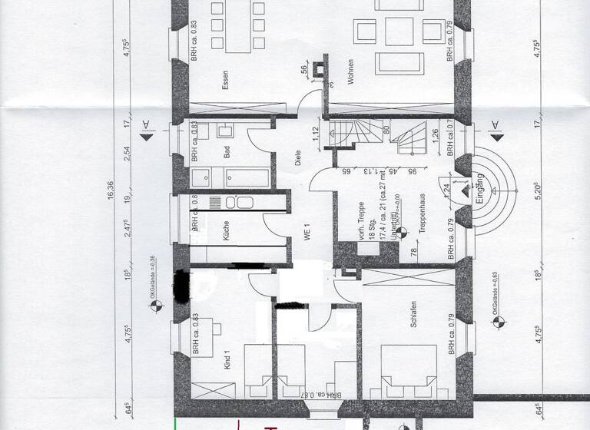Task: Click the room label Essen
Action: [x=225, y=81]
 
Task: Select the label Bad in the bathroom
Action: [x=227, y=152]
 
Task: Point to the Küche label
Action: [x=227, y=233]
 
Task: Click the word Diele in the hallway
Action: [x=297, y=158]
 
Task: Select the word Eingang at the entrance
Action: [x=478, y=187]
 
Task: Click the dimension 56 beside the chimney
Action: [x=305, y=70]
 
